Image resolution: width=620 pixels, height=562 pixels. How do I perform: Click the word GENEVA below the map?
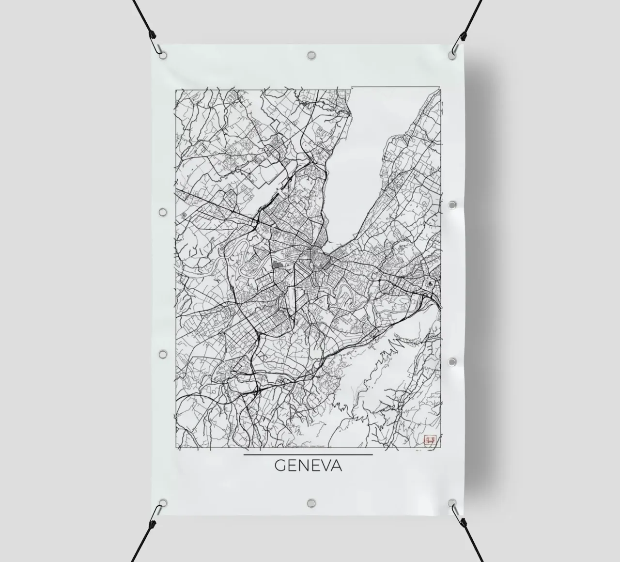click(x=308, y=466)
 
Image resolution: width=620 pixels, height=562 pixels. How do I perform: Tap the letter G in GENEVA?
click(x=280, y=466)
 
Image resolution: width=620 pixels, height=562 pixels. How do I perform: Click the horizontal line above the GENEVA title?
click(x=308, y=454)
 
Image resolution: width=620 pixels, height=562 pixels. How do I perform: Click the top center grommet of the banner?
click(x=311, y=55)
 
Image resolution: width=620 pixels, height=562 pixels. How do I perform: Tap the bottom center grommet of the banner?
click(x=311, y=502)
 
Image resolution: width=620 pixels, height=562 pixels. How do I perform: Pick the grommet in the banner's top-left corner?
click(x=163, y=55)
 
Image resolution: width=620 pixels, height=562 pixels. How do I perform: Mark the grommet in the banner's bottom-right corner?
click(x=452, y=503)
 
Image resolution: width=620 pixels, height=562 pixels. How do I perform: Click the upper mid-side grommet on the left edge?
click(x=163, y=212)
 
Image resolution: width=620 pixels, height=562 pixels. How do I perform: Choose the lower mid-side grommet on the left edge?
click(x=163, y=355)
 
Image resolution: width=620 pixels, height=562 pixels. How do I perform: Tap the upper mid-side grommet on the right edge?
click(x=452, y=205)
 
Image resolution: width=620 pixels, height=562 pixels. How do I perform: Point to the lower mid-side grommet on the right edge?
click(x=452, y=362)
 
